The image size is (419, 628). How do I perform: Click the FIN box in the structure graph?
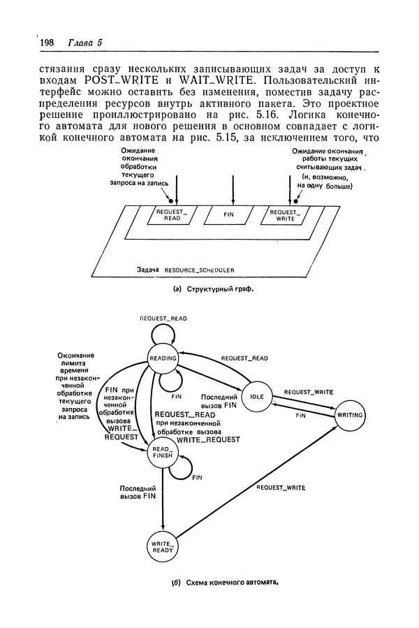tap(228, 215)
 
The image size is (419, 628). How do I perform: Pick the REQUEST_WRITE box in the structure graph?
tap(283, 215)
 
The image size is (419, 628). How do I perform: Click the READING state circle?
tap(163, 358)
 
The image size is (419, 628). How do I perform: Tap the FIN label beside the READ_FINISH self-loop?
tap(197, 478)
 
